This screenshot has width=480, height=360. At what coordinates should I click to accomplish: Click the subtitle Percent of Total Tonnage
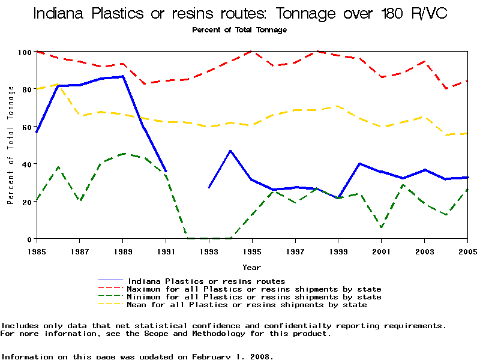pos(239,29)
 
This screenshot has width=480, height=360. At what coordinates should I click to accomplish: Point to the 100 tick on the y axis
pos(24,52)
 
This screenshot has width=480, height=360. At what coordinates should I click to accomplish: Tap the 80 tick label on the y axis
pos(26,89)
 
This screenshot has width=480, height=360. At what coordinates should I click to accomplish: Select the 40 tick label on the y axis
pos(26,164)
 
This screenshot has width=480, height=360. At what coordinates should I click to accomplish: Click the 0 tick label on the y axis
pos(28,239)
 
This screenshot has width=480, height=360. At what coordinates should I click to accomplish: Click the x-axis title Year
pos(251,267)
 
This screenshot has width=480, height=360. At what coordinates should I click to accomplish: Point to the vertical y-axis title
pos(10,145)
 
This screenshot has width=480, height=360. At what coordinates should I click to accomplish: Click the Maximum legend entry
pos(254,289)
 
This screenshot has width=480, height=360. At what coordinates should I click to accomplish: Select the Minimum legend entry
pos(254,297)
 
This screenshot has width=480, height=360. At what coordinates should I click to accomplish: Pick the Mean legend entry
pos(247,305)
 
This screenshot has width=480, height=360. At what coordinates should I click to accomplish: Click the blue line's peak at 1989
pos(122,76)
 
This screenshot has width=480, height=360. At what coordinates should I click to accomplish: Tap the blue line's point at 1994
pos(230,151)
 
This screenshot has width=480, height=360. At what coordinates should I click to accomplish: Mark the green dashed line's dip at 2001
pos(381,227)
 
